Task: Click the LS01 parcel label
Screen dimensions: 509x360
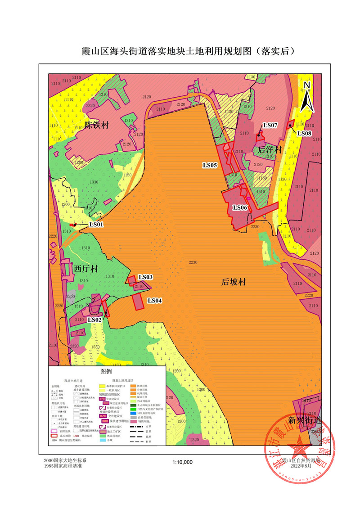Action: [96, 224]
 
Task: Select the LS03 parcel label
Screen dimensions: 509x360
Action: [145, 277]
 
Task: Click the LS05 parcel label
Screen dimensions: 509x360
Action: [210, 166]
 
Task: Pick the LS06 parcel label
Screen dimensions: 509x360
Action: [239, 207]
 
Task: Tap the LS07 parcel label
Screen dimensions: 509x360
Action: [271, 125]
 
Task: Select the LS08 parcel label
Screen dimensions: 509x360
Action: [304, 134]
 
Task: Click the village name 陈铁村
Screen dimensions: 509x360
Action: [97, 125]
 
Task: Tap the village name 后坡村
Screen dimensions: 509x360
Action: [234, 283]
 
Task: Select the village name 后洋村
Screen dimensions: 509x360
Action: [270, 149]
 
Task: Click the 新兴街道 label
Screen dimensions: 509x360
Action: [305, 421]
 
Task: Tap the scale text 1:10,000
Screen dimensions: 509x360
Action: [182, 462]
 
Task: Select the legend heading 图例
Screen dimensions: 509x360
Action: [106, 372]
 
